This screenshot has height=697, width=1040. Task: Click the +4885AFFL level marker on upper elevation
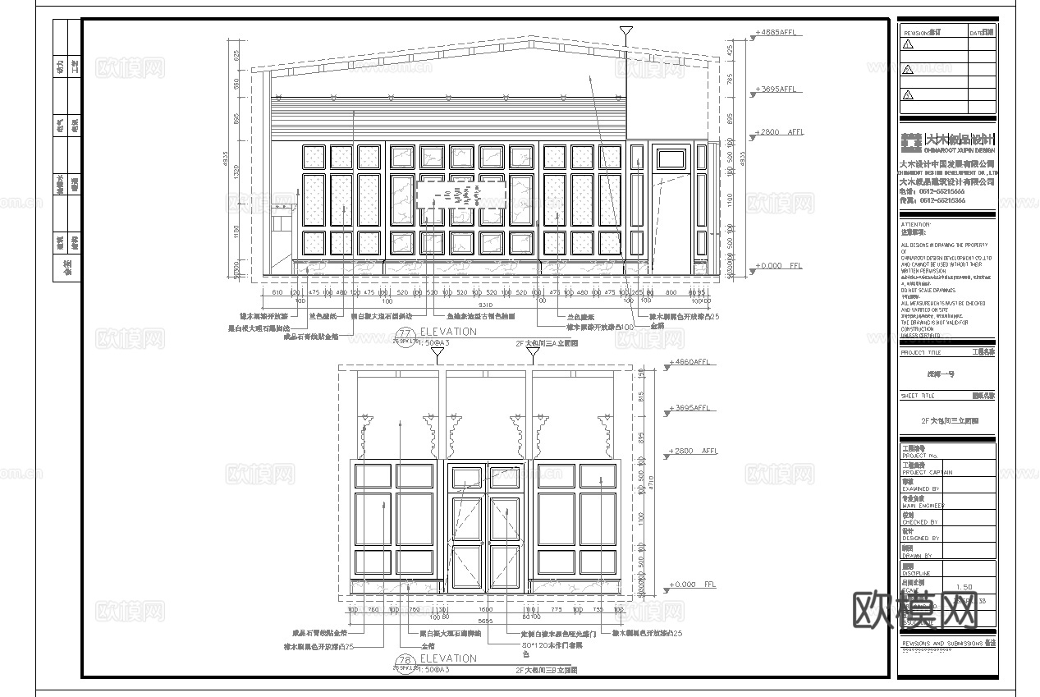(x=775, y=33)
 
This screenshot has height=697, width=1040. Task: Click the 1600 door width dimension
(x=486, y=609)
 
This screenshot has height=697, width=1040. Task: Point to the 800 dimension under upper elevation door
(x=671, y=291)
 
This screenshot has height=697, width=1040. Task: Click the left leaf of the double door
(x=466, y=542)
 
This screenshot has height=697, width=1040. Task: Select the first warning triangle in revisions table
(x=908, y=45)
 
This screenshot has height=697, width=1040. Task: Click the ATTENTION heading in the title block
(x=916, y=224)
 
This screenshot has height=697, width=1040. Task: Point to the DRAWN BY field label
(x=917, y=556)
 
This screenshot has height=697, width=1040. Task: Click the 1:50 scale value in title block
(x=964, y=587)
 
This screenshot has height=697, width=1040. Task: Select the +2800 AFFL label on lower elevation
(x=694, y=452)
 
